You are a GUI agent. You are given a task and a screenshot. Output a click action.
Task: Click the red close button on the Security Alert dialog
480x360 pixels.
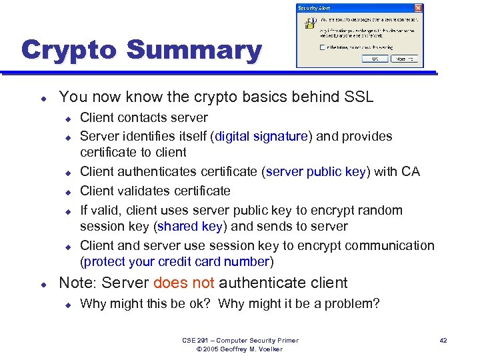(418, 8)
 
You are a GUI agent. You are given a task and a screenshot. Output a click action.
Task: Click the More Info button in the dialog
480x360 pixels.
(406, 59)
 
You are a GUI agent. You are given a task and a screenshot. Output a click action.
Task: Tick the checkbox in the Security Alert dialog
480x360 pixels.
(323, 47)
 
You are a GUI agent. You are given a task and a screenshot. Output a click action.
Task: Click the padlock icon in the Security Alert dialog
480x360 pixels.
(310, 23)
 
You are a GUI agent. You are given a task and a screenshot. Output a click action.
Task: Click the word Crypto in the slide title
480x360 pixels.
(69, 50)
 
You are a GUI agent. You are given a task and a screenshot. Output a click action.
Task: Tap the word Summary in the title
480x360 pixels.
(193, 50)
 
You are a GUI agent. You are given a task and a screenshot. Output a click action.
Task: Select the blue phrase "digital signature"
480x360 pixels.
(260, 136)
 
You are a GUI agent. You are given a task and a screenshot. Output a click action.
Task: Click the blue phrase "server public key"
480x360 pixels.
(316, 171)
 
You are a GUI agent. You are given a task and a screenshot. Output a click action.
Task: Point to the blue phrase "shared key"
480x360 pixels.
(190, 226)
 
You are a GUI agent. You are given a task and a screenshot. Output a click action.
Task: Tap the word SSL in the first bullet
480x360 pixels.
(359, 97)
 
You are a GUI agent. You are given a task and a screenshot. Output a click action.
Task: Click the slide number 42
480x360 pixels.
(443, 340)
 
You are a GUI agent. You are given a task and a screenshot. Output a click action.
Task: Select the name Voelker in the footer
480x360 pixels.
(269, 349)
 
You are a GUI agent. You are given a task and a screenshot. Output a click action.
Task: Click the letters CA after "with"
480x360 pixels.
(410, 171)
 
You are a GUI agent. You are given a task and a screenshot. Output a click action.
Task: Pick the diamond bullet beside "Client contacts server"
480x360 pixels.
(67, 118)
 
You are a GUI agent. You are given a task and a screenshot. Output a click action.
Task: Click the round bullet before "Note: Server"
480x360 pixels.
(42, 283)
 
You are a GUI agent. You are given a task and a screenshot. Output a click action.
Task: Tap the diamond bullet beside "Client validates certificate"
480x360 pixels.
(67, 191)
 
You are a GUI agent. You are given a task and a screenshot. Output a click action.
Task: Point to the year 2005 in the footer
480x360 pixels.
(211, 349)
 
